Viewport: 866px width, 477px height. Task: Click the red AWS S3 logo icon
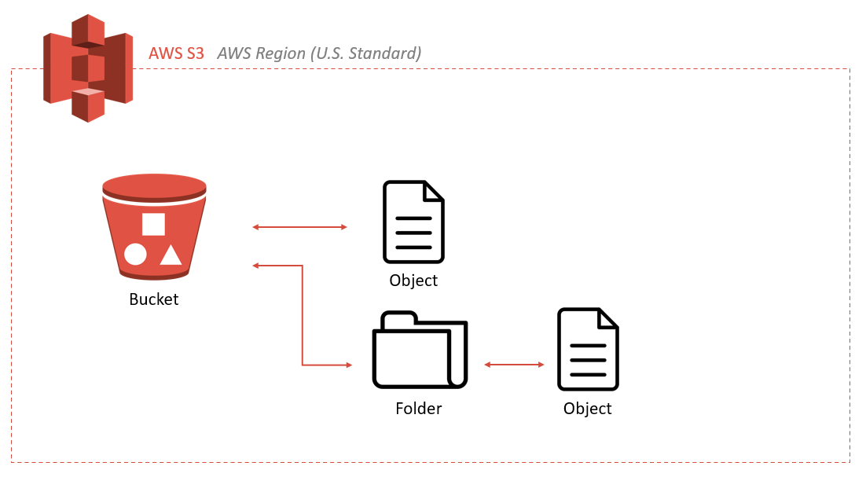(x=87, y=68)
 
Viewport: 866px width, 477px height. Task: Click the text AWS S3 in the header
(x=176, y=53)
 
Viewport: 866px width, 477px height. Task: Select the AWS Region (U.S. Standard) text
(x=319, y=53)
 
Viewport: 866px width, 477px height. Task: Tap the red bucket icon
(x=154, y=227)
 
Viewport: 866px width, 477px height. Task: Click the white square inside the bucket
(x=153, y=224)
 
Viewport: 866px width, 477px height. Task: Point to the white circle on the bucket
(x=135, y=255)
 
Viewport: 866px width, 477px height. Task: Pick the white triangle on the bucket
(x=171, y=255)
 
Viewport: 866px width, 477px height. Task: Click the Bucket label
(x=154, y=299)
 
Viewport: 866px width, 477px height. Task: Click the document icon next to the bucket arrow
(x=413, y=222)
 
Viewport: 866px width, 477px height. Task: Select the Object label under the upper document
(x=413, y=281)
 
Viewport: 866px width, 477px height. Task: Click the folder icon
(x=420, y=350)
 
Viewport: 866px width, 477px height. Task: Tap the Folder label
(x=418, y=409)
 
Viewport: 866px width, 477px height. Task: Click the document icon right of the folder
(x=588, y=350)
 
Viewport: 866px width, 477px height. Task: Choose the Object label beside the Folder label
(x=587, y=409)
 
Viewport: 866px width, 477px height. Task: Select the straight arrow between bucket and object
(x=299, y=227)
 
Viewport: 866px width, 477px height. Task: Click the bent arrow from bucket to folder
(x=303, y=314)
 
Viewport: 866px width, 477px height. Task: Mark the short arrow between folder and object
(x=514, y=365)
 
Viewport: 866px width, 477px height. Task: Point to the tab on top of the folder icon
(x=398, y=317)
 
